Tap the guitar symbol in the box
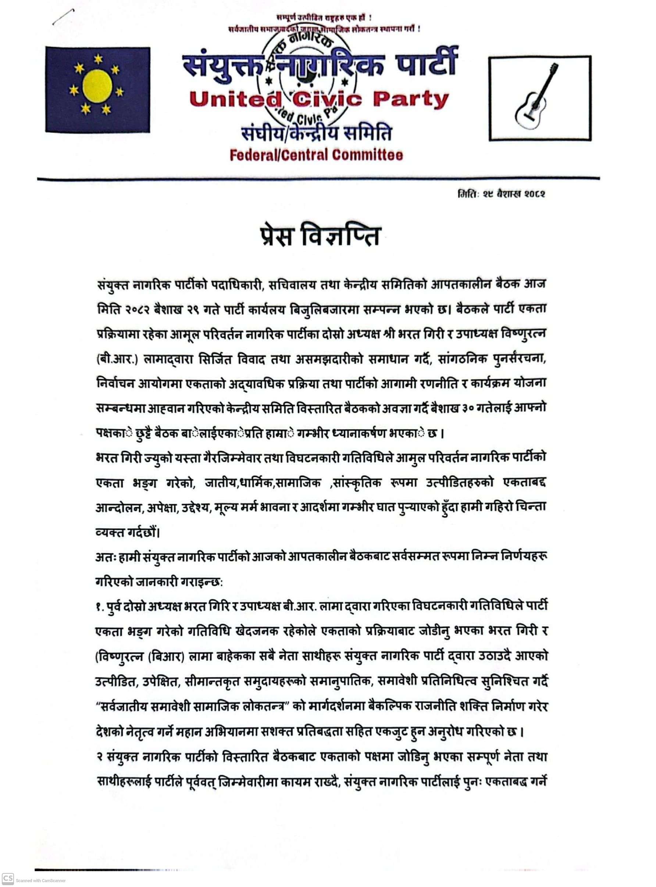point(536,98)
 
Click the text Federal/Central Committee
point(316,155)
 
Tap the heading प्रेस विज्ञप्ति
point(320,236)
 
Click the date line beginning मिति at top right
point(501,194)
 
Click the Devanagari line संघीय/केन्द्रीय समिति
point(317,133)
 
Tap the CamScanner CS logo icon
point(8,878)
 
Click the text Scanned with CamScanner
point(40,881)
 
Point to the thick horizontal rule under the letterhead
point(318,179)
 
